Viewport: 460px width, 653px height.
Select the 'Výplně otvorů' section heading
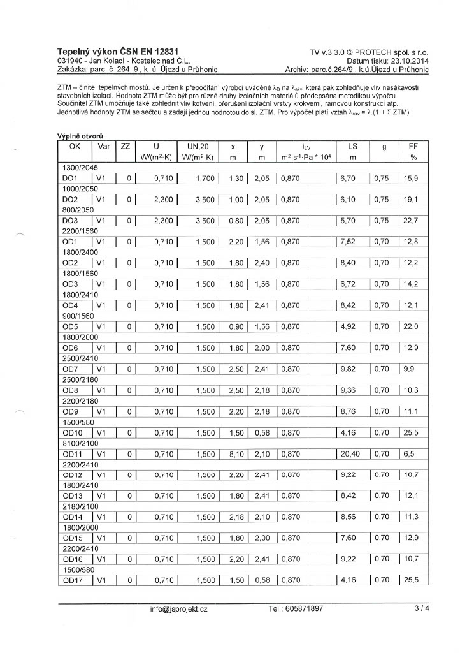click(x=80, y=136)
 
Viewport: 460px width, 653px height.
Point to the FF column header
click(x=412, y=147)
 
